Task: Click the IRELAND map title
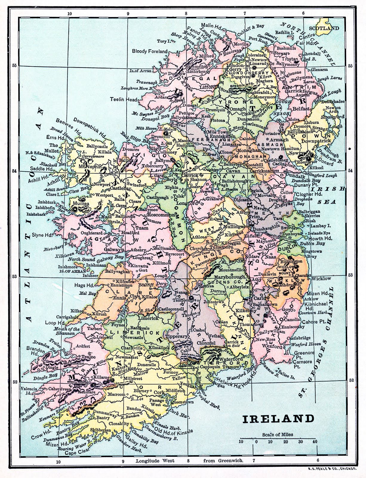pyautogui.click(x=278, y=418)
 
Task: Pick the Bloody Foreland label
pyautogui.click(x=150, y=51)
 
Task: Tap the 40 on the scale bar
pyautogui.click(x=313, y=442)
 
